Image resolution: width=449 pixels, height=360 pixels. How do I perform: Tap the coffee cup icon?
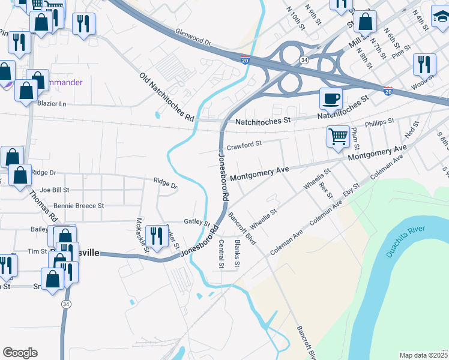(330, 98)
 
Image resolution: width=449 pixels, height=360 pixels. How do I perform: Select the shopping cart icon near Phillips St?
(339, 136)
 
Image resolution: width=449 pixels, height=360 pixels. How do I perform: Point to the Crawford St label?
(244, 145)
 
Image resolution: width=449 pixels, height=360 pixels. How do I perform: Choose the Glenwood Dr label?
(194, 38)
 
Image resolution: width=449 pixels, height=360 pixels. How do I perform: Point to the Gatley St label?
(196, 223)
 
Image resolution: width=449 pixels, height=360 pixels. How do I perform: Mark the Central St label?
(221, 254)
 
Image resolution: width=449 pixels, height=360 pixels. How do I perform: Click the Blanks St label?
(237, 254)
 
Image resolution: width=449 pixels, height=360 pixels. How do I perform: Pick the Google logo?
(20, 352)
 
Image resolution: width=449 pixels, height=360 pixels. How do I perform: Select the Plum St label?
(355, 139)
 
